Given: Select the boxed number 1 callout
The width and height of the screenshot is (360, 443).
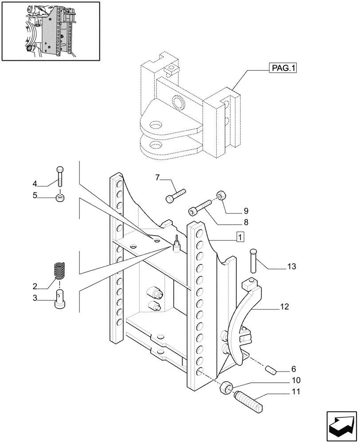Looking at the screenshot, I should [240, 237].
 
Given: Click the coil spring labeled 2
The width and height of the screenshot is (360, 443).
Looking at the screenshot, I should [59, 271].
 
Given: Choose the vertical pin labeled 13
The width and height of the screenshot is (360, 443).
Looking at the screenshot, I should [254, 260].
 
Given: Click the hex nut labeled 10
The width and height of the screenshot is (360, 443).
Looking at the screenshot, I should [225, 389].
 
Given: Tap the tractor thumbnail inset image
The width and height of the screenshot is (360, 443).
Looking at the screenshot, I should [51, 31].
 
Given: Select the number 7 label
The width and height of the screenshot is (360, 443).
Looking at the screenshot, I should [157, 178].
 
